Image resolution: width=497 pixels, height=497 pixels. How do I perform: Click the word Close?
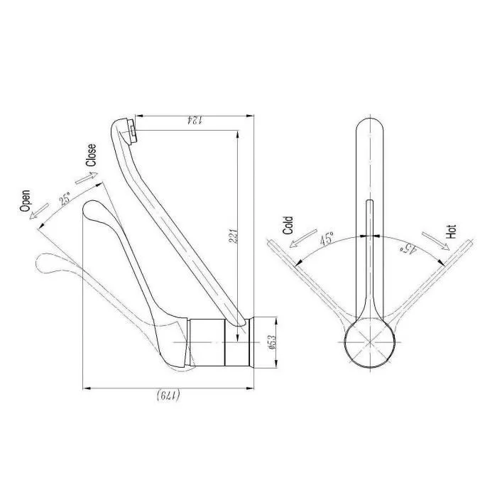click(91, 155)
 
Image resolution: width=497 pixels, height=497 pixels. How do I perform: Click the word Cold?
click(288, 226)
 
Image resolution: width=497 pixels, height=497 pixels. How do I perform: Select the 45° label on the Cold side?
click(327, 239)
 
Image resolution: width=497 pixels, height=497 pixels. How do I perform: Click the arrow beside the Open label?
click(40, 211)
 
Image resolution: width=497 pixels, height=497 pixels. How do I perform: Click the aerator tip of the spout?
click(130, 129)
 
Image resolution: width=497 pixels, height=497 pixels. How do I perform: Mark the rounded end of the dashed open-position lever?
click(45, 263)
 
